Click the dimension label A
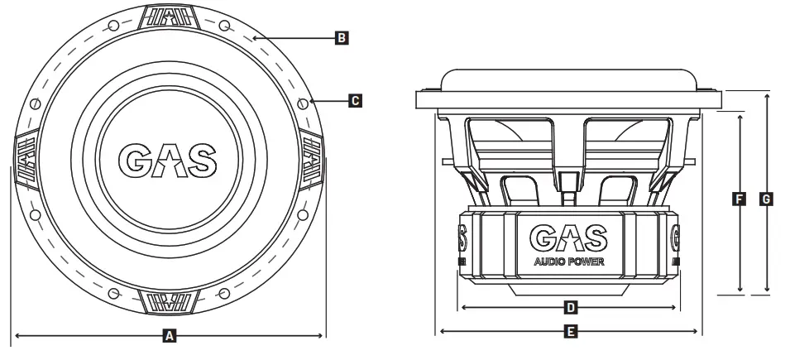[170, 336]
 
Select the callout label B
[341, 37]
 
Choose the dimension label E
[569, 332]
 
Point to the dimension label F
[739, 199]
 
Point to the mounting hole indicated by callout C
[304, 103]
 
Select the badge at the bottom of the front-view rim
[170, 301]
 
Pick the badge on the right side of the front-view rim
[313, 159]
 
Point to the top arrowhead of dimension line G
[767, 95]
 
